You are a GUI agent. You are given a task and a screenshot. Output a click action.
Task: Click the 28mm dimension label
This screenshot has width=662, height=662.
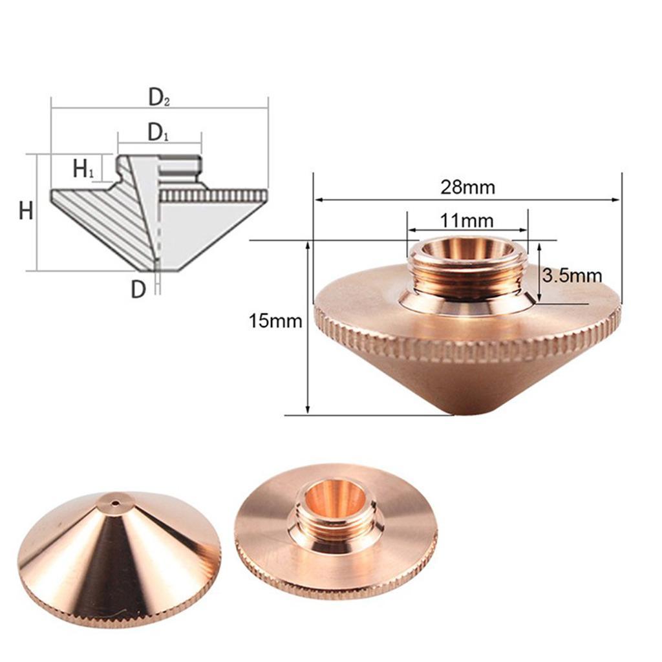pyautogui.click(x=467, y=187)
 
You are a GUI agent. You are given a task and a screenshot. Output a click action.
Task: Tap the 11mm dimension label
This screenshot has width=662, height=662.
pyautogui.click(x=467, y=220)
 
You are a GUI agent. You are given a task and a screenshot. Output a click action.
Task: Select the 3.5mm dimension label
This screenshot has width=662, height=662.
pyautogui.click(x=571, y=276)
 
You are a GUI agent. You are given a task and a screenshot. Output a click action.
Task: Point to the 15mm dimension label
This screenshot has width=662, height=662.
pyautogui.click(x=275, y=321)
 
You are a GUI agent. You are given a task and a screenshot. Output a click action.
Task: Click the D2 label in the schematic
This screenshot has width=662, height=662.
pyautogui.click(x=159, y=98)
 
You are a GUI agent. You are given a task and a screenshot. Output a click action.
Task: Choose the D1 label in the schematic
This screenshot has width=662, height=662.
pyautogui.click(x=158, y=133)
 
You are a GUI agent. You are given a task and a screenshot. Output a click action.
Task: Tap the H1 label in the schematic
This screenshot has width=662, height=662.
pyautogui.click(x=83, y=169)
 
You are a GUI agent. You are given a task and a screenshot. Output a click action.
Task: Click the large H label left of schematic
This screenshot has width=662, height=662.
pyautogui.click(x=26, y=211)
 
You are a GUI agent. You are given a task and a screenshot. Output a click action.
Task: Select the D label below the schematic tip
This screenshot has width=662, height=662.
pyautogui.click(x=138, y=289)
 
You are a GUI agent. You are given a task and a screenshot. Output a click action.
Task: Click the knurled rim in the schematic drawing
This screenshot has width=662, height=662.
pyautogui.click(x=213, y=195)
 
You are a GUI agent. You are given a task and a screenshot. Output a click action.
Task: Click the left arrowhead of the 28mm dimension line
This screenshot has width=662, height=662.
pyautogui.click(x=317, y=200)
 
